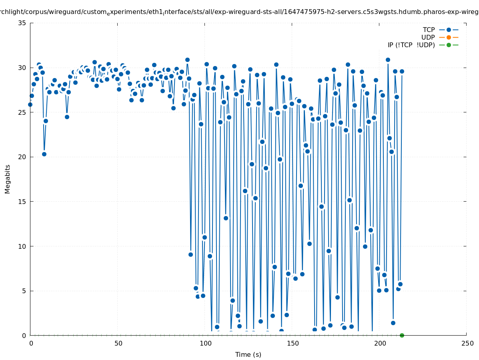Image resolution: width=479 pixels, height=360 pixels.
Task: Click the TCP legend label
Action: coord(429,30)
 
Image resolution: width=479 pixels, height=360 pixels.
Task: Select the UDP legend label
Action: coord(428,37)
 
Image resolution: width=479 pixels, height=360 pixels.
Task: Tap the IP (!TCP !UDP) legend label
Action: coord(411,45)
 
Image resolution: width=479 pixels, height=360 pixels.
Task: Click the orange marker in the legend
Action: coord(449,37)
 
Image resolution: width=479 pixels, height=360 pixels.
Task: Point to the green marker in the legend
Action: coord(449,45)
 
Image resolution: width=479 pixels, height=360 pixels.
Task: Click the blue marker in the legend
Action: coord(449,30)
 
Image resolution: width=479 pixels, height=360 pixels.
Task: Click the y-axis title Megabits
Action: coord(8,179)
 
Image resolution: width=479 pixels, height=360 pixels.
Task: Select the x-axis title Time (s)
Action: coord(248,354)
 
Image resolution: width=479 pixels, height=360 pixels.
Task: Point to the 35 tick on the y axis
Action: coord(22,23)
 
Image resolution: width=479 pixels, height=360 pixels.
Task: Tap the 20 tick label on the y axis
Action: coord(22,157)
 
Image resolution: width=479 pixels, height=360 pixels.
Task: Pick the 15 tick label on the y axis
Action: coord(22,202)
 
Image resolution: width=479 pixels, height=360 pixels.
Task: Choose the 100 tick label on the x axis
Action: coord(205,343)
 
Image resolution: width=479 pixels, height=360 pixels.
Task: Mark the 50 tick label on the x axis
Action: coord(118,343)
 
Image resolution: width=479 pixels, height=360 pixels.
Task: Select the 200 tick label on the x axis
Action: coord(380,343)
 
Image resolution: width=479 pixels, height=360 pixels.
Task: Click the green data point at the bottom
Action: coord(402,335)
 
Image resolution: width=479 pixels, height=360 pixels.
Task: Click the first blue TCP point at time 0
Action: coord(30,104)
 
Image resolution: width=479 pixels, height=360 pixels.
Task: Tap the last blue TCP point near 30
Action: coord(402,71)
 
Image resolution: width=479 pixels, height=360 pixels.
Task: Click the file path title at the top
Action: coord(239,12)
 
